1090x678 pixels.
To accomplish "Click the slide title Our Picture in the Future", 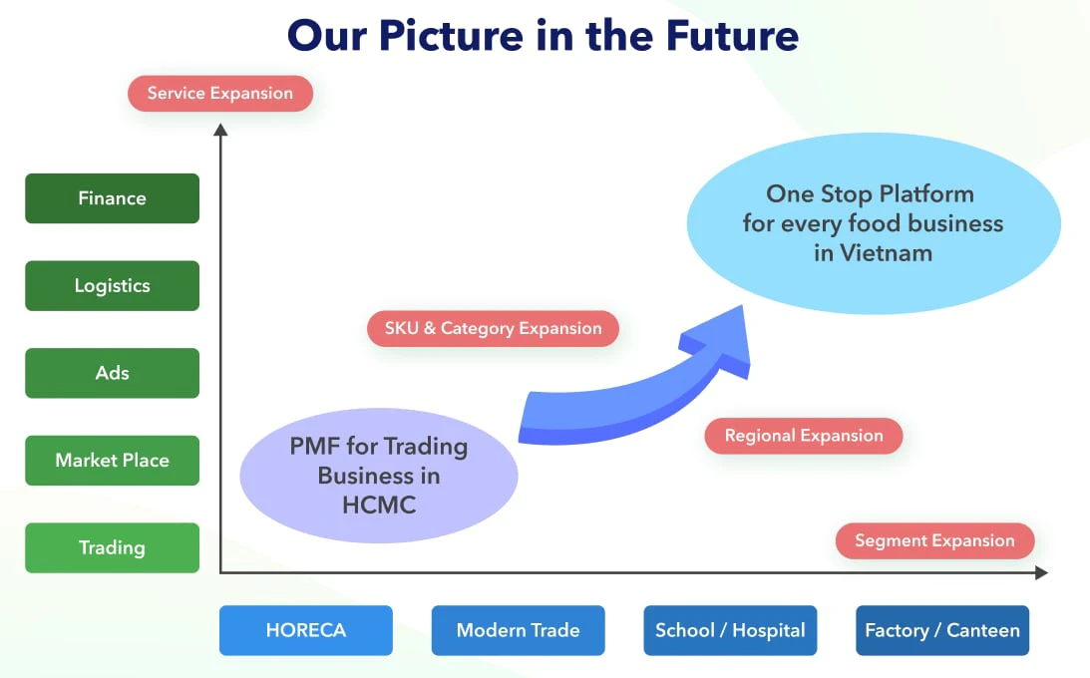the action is pos(543,36).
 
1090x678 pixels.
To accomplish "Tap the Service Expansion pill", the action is pos(220,93).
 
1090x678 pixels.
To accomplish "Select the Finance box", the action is pos(112,198).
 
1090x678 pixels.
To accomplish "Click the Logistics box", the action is pos(112,285).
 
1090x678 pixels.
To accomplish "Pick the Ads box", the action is pos(112,373).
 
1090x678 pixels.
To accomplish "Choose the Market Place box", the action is pos(112,460).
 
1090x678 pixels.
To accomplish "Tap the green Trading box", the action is pos(112,547).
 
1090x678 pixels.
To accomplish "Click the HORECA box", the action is pos(306,630).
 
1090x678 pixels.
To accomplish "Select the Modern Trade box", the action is pos(518,630).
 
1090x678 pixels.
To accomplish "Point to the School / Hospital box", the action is pos(730,630).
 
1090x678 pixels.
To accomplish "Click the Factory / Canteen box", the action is pos(942,630).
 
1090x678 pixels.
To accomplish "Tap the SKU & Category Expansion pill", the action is pos(493,328).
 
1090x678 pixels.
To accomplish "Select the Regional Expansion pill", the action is pos(804,436).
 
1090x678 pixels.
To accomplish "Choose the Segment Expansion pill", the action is pos(935,540).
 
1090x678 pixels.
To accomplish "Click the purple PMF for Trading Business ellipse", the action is pos(379,476).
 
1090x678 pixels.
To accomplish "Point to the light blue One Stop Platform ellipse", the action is pos(874,223).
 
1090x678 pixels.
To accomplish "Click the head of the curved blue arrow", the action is pos(723,340).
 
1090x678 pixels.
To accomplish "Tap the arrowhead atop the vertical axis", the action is pos(220,130).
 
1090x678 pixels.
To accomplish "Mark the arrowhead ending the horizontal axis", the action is pos(1041,572).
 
